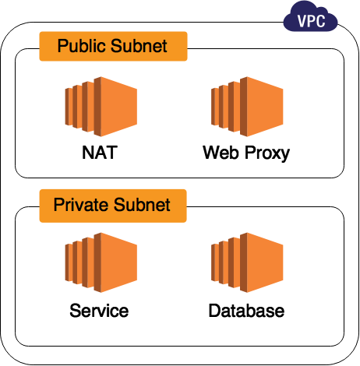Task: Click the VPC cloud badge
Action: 310,17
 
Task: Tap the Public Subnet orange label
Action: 113,46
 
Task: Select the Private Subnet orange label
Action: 113,206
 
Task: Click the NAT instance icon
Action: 101,107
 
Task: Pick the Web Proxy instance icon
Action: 247,107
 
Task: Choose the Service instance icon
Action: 101,262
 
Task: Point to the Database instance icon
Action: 247,262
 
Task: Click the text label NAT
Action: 100,153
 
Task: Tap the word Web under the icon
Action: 221,153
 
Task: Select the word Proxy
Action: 267,153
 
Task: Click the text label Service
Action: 99,311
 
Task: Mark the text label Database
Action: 246,311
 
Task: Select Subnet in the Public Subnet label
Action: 139,46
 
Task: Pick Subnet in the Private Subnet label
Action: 142,205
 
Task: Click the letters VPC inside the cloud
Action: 311,21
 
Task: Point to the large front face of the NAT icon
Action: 118,107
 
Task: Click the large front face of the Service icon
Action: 118,262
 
